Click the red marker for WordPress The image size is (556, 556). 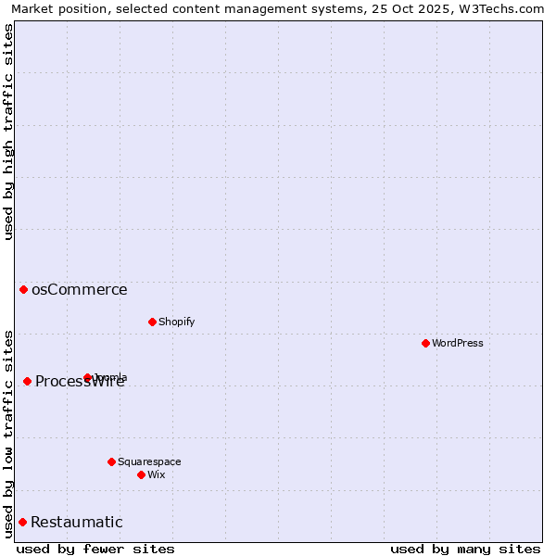click(x=425, y=343)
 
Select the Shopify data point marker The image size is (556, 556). click(x=152, y=322)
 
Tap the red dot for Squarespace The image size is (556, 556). click(x=111, y=461)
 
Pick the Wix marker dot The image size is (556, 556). click(x=141, y=474)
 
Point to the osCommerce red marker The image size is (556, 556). click(x=23, y=289)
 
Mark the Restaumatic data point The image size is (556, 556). click(x=22, y=522)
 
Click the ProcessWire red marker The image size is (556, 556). click(x=27, y=381)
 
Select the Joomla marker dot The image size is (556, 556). click(x=88, y=377)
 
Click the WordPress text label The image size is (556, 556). click(x=458, y=343)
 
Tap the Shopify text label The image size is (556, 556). click(x=177, y=322)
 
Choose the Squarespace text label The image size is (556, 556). click(x=149, y=461)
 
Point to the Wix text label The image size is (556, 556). click(x=157, y=474)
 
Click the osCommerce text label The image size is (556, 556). click(x=80, y=289)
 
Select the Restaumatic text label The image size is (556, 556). click(x=77, y=522)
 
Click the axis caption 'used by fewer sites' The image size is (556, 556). click(x=95, y=549)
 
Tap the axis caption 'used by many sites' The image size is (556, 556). click(x=465, y=549)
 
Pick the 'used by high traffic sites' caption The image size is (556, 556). click(x=9, y=132)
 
